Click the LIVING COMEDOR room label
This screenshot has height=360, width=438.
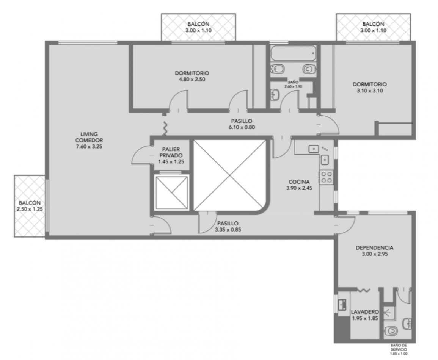(89, 140)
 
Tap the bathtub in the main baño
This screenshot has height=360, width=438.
(293, 53)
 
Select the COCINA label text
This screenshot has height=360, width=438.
(299, 182)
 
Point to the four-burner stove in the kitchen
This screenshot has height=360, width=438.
(327, 177)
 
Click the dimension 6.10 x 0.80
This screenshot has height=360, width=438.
(242, 127)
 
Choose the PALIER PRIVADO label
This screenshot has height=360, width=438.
(171, 152)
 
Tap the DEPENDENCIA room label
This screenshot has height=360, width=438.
(374, 247)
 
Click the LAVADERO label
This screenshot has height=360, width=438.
(365, 312)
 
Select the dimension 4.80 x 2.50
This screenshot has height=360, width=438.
(192, 79)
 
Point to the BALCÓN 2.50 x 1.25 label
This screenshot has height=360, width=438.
(30, 206)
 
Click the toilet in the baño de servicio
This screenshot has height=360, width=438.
(391, 331)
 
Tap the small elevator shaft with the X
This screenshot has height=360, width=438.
(171, 193)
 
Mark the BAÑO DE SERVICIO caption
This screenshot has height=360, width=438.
(399, 349)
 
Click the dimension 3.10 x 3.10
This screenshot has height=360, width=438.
(370, 91)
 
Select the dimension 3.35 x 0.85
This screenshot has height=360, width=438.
(228, 230)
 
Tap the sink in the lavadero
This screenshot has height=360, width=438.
(342, 304)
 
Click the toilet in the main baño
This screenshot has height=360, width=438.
(309, 69)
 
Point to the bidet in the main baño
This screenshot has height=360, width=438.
(277, 69)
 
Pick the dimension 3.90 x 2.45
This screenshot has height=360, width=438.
(299, 188)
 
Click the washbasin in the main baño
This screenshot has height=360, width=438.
(275, 94)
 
